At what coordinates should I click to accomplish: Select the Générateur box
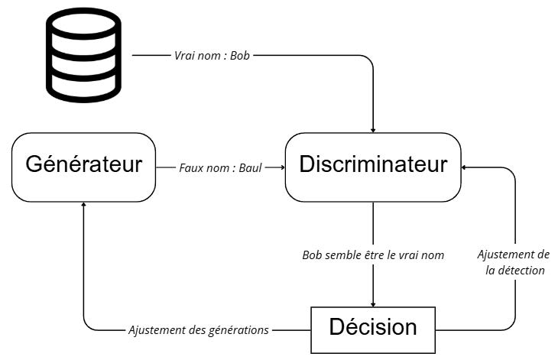(x=84, y=167)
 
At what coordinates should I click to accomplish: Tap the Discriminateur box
(x=373, y=167)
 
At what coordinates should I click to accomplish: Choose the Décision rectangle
(x=373, y=329)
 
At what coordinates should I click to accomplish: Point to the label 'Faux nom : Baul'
(x=220, y=167)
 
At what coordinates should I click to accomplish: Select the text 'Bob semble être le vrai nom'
(x=373, y=255)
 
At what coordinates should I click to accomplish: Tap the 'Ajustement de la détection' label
(x=513, y=262)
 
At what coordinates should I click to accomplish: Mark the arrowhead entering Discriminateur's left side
(x=281, y=167)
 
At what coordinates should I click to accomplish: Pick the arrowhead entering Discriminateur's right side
(x=466, y=167)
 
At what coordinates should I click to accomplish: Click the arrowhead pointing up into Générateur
(x=83, y=206)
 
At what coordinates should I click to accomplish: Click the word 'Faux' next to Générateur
(x=191, y=167)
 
